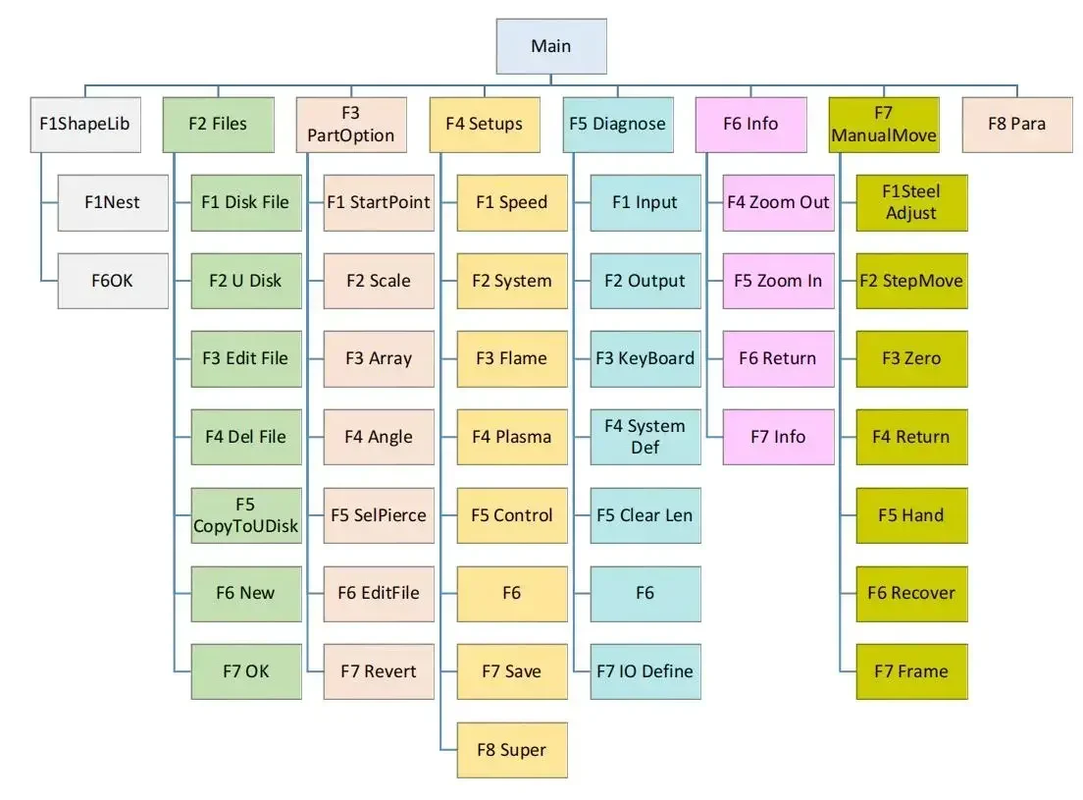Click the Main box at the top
click(x=550, y=46)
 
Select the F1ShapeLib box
click(x=84, y=124)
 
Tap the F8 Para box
click(x=1016, y=124)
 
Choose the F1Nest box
click(x=112, y=202)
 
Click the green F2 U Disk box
click(x=245, y=281)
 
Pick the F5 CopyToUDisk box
click(x=245, y=515)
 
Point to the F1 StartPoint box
click(x=379, y=202)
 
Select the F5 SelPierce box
click(x=379, y=515)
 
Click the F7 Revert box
click(x=379, y=671)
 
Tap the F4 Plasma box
click(x=512, y=437)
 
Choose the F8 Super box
click(x=512, y=750)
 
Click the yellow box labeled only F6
click(x=512, y=593)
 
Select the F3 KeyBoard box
click(x=645, y=358)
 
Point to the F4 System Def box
click(x=645, y=437)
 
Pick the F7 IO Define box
click(x=645, y=671)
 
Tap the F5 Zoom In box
click(x=778, y=281)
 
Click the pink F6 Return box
click(x=778, y=358)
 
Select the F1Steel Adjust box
click(x=911, y=202)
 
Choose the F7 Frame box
click(x=911, y=671)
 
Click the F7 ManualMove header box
click(x=884, y=124)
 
